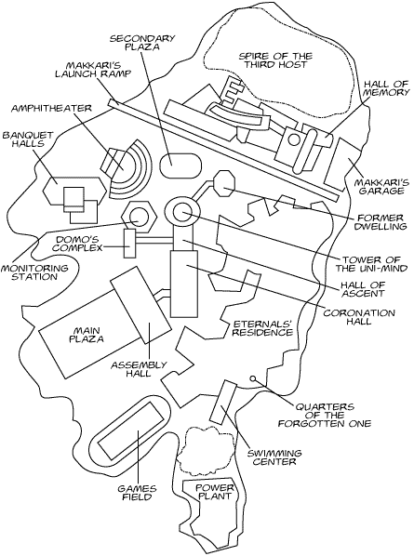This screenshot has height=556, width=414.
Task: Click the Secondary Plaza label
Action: click(x=142, y=42)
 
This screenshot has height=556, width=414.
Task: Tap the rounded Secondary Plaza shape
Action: click(x=180, y=165)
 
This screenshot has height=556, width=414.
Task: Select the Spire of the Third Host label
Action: click(x=275, y=60)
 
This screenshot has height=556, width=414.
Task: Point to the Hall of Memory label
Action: click(x=387, y=88)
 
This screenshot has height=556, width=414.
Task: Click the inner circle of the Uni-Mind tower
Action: click(x=182, y=212)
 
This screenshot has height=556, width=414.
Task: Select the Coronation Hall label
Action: click(x=359, y=317)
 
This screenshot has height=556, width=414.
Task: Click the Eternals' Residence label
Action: click(x=262, y=328)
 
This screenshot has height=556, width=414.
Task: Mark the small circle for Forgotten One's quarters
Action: click(x=252, y=378)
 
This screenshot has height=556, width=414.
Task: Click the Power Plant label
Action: click(x=215, y=492)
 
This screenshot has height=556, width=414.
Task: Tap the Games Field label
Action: click(x=137, y=493)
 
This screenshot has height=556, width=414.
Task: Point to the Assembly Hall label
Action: click(x=139, y=369)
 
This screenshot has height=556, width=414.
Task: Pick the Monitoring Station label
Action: click(x=34, y=272)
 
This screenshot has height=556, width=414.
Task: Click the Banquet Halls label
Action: click(x=28, y=139)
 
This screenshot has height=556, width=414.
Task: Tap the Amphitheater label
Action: click(x=51, y=108)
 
